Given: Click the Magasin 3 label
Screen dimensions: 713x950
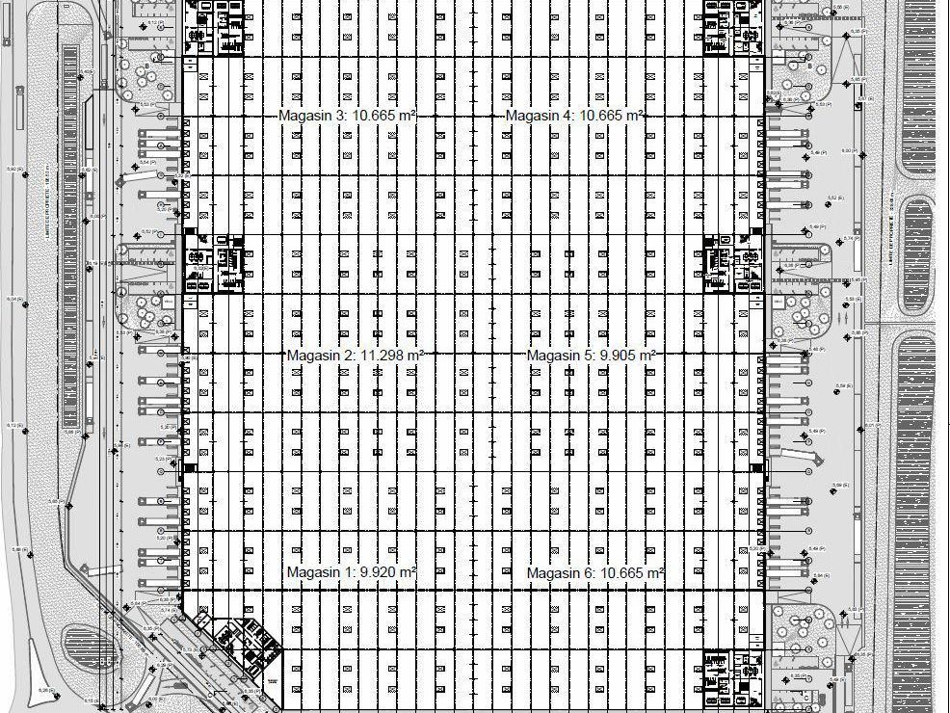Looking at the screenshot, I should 347,116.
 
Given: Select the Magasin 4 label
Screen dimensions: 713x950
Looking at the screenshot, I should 574,116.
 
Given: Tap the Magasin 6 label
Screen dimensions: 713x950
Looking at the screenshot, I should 594,573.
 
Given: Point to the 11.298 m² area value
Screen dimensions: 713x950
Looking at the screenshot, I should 392,356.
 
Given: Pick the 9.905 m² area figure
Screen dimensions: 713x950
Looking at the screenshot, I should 627,356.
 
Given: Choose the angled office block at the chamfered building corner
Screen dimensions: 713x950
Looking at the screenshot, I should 241,644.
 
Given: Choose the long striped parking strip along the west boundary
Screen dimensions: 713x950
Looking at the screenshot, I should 72,241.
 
